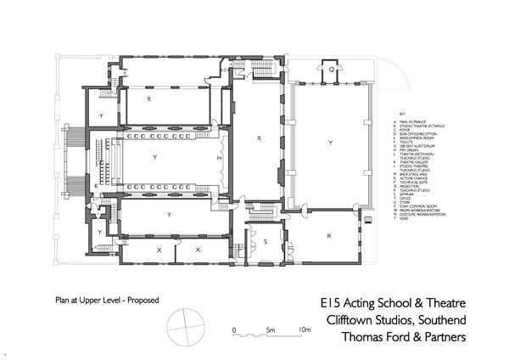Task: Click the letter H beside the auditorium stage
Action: pos(219,159)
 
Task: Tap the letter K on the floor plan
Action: pos(96,186)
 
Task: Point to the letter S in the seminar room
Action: pos(265,242)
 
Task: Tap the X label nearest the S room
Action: pos(199,250)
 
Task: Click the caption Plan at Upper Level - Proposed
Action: pos(108,300)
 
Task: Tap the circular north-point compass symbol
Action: pos(186,323)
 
